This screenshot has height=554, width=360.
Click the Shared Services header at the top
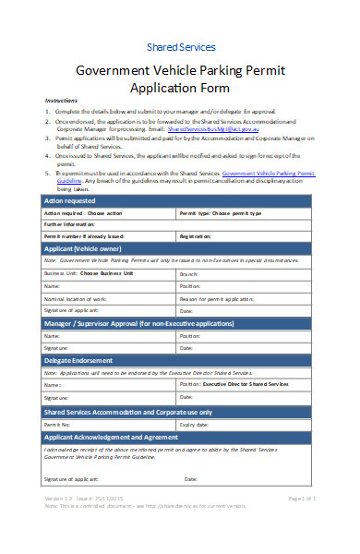pyautogui.click(x=181, y=46)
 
